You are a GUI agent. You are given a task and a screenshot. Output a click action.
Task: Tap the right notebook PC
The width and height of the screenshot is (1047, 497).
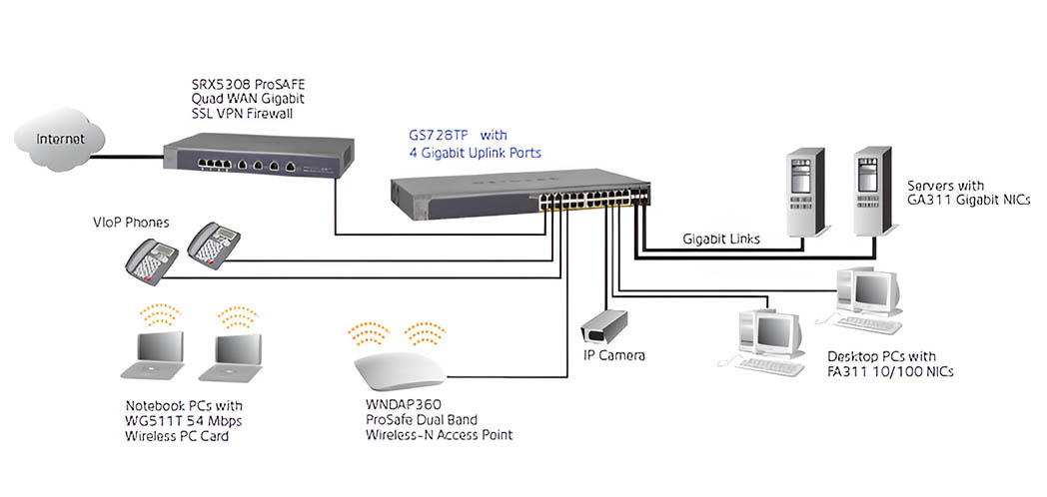[x=233, y=357]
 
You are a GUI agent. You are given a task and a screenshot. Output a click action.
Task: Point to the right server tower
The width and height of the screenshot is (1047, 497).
[x=871, y=196]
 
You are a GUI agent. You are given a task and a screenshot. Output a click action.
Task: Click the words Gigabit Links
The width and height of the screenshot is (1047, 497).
[x=722, y=240]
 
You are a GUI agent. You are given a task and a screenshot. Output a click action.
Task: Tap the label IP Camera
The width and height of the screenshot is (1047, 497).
[x=614, y=355]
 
